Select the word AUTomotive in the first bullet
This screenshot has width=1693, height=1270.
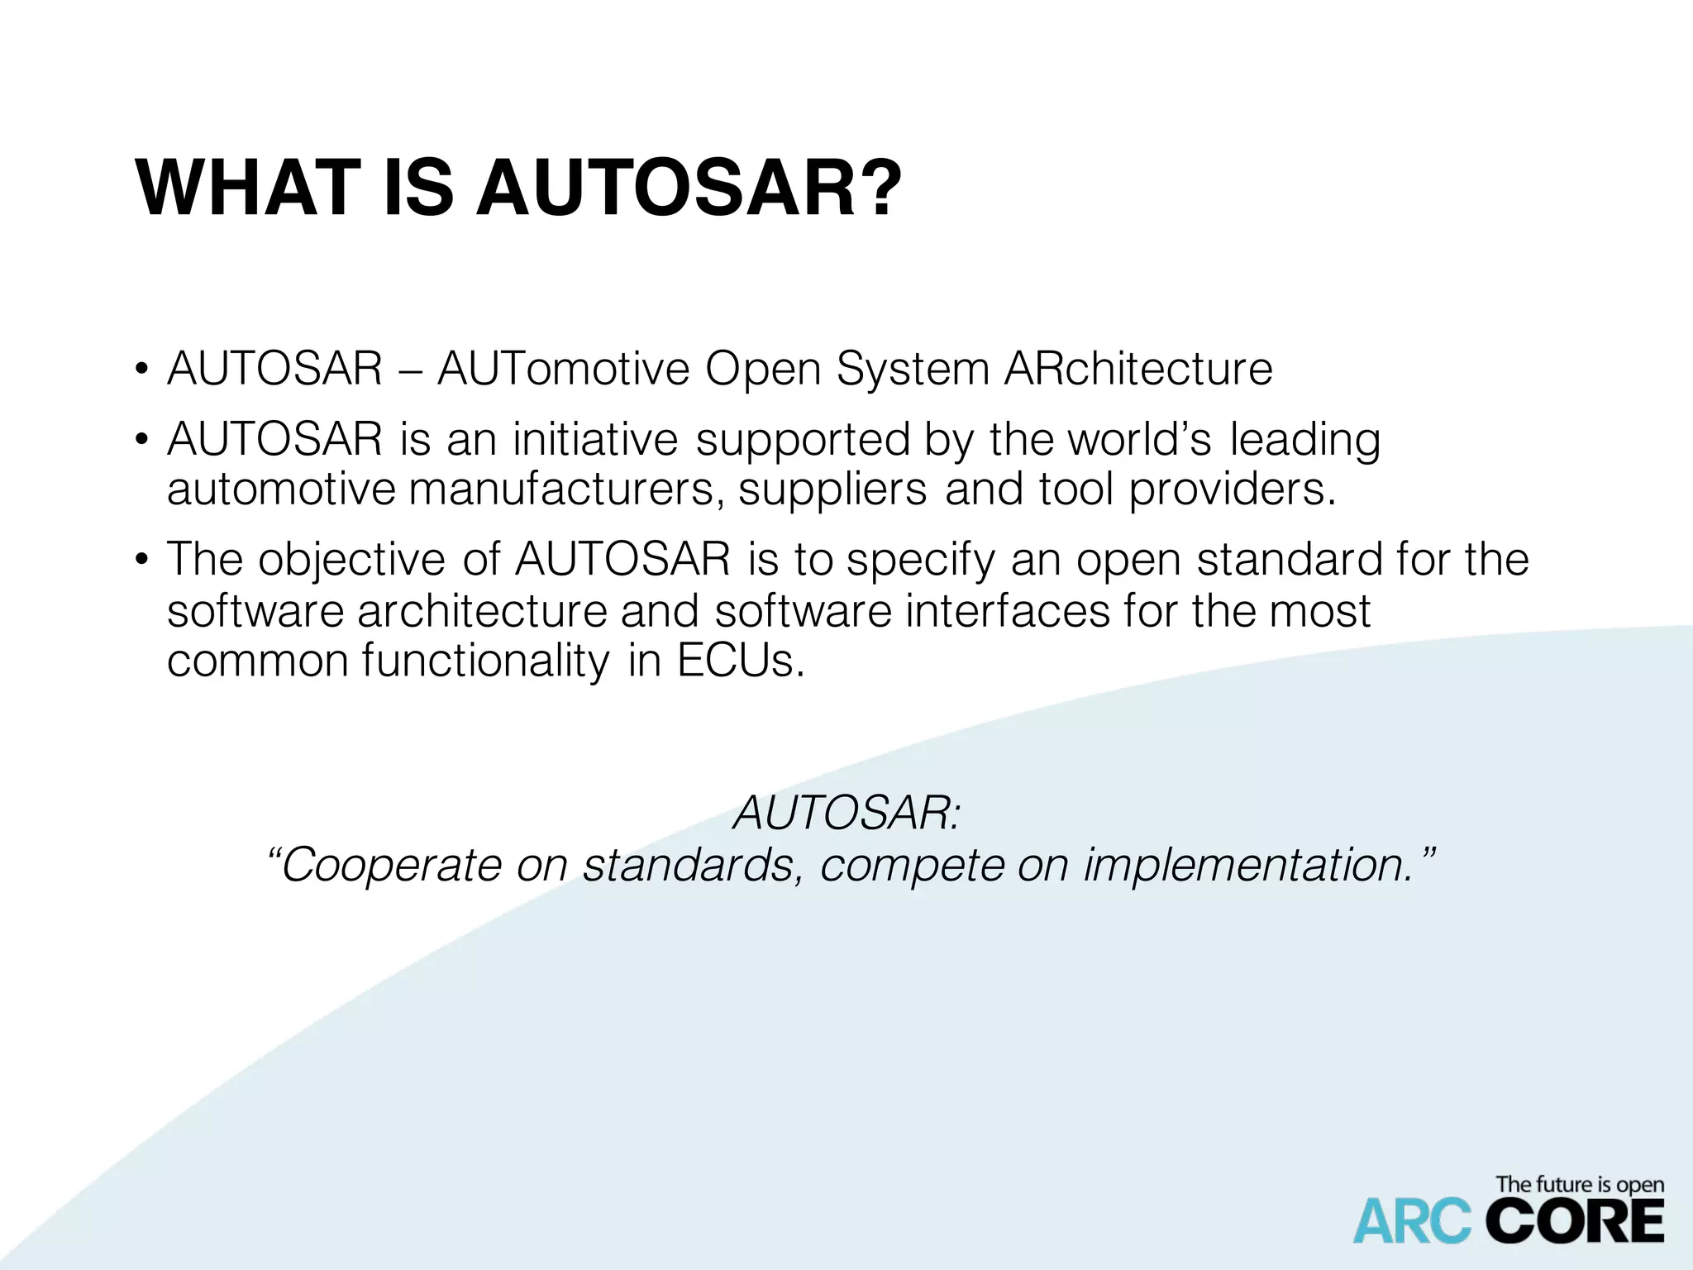[563, 369]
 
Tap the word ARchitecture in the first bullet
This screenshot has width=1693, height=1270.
[1138, 369]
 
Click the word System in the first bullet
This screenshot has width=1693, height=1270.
[913, 370]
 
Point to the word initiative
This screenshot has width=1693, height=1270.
[594, 439]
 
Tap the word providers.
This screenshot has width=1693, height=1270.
[1232, 489]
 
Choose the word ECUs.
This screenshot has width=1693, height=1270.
[741, 661]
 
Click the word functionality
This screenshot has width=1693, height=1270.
[485, 662]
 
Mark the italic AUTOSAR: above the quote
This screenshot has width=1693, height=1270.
[847, 813]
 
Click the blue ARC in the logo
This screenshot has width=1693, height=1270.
[1412, 1223]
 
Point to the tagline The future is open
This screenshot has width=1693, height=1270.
[1579, 1185]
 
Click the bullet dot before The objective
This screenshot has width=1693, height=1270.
[142, 561]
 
